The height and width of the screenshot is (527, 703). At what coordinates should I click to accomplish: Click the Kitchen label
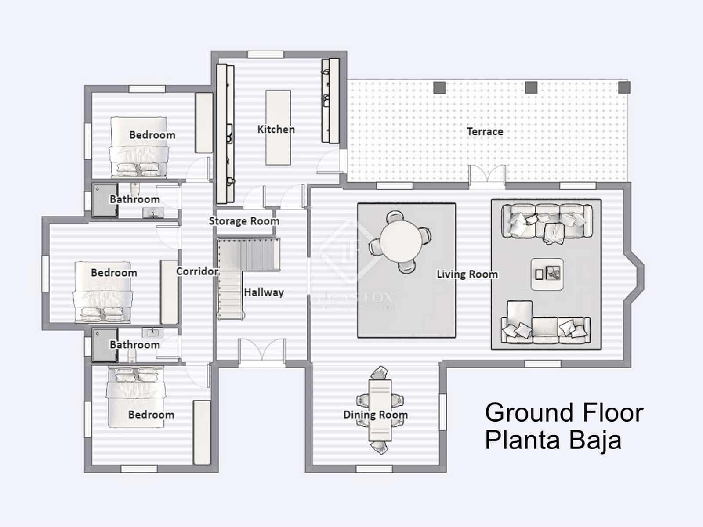(276, 129)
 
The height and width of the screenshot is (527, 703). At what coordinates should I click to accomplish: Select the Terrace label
(485, 131)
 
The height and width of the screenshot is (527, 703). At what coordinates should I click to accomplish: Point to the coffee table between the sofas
(547, 274)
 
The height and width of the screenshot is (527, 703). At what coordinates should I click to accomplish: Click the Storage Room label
(244, 221)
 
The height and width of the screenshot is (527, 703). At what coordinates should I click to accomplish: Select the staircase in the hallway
(246, 263)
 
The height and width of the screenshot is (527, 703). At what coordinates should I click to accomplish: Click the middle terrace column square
(531, 87)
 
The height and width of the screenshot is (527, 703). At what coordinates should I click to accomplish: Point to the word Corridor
(197, 271)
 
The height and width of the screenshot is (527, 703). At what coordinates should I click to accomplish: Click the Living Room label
(467, 274)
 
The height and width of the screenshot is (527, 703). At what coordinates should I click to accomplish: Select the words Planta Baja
(553, 440)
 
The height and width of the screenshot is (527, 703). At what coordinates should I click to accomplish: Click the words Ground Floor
(564, 413)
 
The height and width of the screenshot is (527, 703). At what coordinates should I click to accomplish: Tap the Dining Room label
(375, 415)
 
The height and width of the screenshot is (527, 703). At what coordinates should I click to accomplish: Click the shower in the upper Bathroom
(105, 200)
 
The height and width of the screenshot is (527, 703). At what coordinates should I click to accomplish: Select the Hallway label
(264, 292)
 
